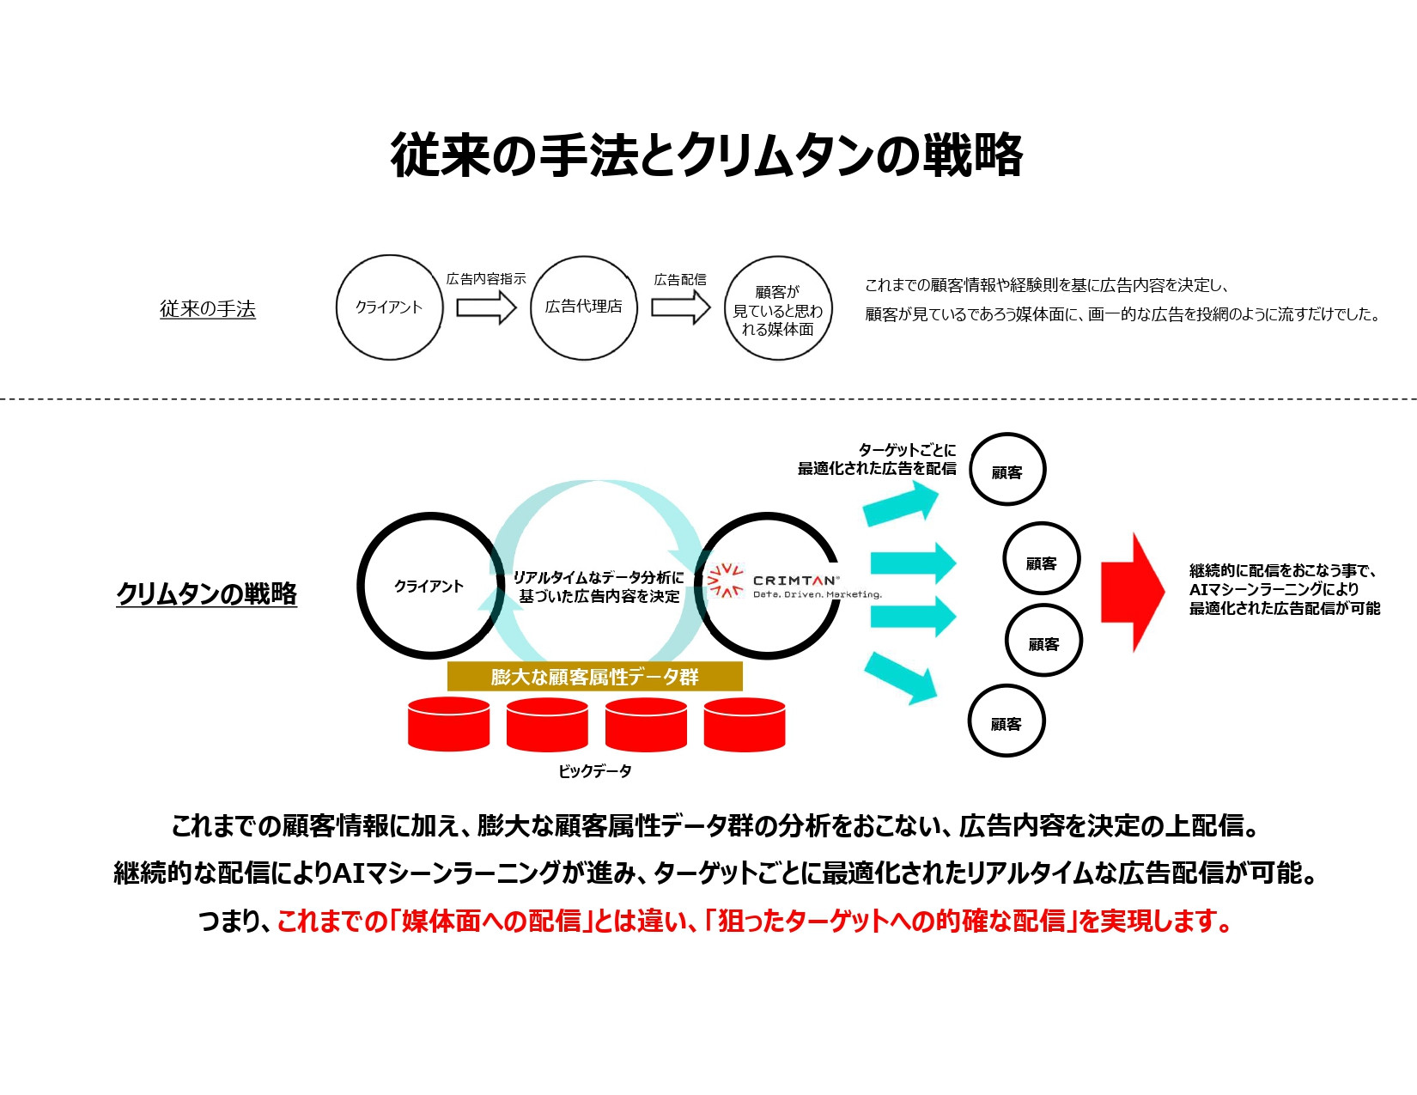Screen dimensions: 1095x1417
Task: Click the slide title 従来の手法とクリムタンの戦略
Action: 706,155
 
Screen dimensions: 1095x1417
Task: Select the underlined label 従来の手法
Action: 208,309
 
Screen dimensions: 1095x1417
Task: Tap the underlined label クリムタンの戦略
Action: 206,593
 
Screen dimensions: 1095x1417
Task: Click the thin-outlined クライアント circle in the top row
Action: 389,307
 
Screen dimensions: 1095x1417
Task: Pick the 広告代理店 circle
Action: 584,307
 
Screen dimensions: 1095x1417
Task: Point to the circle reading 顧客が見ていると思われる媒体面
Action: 778,309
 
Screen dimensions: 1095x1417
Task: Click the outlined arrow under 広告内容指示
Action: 486,307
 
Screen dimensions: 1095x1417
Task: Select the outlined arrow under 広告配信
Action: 680,307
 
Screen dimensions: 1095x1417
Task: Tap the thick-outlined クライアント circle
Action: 429,586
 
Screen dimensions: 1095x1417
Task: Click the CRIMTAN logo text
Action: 794,581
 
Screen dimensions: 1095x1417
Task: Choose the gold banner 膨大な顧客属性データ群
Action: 594,677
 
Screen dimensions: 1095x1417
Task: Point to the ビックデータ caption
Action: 594,771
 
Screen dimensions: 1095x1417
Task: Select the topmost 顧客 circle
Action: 1007,470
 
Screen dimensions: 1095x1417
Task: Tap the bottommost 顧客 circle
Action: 1006,722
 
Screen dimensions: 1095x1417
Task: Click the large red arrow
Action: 1132,592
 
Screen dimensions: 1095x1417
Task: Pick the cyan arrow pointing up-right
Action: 900,503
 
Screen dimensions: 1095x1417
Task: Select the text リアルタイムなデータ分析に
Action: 599,577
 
